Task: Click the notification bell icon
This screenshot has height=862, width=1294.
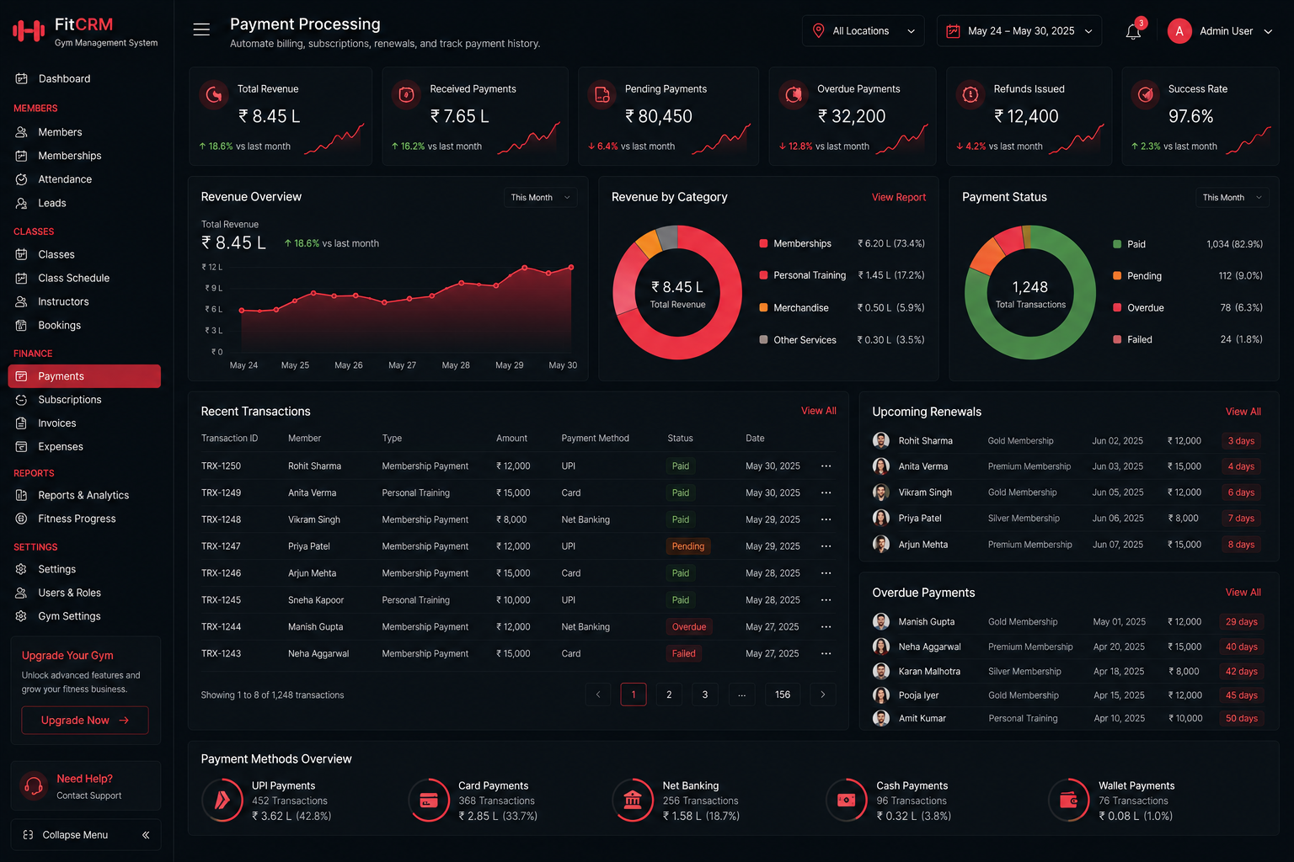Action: coord(1133,32)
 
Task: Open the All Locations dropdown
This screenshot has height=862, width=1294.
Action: coord(863,31)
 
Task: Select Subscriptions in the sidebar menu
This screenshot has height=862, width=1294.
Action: coord(69,400)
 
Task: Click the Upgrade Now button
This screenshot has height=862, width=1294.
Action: coord(85,720)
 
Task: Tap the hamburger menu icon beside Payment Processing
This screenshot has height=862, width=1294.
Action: coord(201,29)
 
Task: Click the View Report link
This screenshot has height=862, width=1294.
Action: coord(898,198)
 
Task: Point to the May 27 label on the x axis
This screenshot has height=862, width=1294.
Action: coord(402,365)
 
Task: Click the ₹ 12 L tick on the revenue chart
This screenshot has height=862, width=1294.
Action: coord(212,267)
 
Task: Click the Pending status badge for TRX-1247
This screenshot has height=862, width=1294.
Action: coord(687,546)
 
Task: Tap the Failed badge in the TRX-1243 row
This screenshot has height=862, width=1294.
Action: coord(683,653)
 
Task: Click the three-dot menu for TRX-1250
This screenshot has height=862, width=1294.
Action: coord(826,466)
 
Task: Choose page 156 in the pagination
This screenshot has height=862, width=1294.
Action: coord(782,694)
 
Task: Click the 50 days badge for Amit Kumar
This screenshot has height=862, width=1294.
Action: coord(1242,718)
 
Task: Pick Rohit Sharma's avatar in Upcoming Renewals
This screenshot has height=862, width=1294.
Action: coord(881,440)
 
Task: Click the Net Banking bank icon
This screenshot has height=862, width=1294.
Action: coord(633,801)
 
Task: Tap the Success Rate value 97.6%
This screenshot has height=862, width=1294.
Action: coord(1190,117)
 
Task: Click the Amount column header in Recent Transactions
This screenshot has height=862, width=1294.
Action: coord(511,439)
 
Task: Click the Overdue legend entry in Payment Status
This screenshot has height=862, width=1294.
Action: coord(1138,308)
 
